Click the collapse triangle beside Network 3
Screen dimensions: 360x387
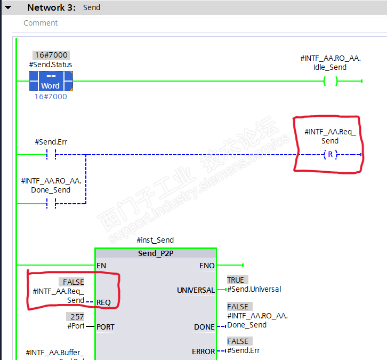(8, 7)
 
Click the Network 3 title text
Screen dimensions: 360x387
(51, 7)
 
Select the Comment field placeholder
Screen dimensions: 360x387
(41, 23)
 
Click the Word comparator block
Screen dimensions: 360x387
(51, 81)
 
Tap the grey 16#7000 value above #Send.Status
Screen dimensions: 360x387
(51, 55)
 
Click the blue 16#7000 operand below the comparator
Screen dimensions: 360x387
(51, 97)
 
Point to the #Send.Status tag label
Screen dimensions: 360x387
(51, 65)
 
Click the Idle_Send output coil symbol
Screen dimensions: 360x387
(330, 81)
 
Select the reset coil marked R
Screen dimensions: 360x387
(330, 155)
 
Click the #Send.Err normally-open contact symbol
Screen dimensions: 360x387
(51, 155)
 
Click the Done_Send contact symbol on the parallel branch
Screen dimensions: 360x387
(51, 203)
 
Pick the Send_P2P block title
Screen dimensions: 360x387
(156, 253)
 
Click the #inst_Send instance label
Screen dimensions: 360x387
(155, 240)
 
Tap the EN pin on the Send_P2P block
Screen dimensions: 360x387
(101, 266)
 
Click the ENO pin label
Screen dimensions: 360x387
(207, 266)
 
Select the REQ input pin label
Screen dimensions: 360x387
(104, 302)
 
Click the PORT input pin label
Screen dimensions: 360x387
(106, 326)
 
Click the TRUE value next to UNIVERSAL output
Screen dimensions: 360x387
(235, 280)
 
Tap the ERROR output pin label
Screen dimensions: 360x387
(203, 351)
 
